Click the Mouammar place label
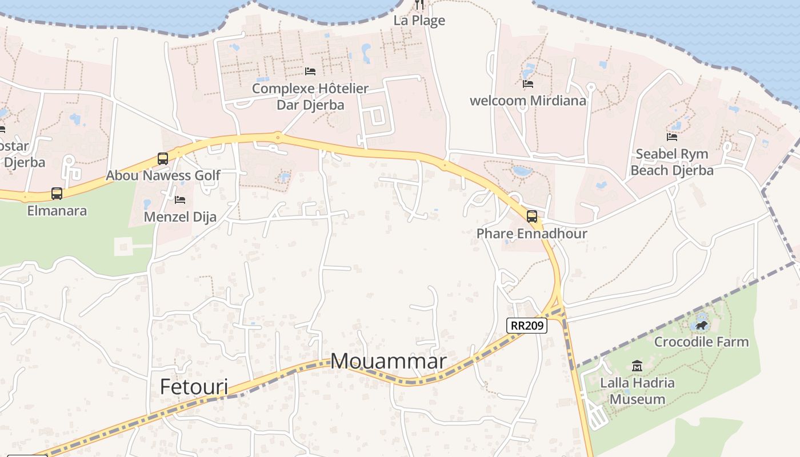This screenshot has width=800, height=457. pos(389,361)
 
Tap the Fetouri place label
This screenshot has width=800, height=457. pos(194,387)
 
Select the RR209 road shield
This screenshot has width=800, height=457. pos(527,326)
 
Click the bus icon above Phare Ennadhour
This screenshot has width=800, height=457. pos(532,216)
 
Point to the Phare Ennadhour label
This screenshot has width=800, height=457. pos(532,234)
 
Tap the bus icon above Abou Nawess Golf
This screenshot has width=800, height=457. pos(163,158)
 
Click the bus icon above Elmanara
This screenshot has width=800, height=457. pos(57,194)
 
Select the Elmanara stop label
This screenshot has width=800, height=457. pos(57,211)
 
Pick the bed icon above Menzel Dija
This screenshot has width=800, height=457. pos(180,200)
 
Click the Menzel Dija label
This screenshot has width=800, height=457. pos(180,217)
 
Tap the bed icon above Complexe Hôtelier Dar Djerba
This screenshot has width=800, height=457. pos(310,71)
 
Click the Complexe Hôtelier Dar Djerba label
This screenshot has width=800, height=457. pos(310,97)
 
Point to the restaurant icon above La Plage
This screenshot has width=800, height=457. pos(420,5)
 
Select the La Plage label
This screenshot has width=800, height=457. pos(419,21)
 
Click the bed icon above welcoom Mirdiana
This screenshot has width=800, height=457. pos(528,84)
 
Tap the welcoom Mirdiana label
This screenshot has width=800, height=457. pos(528,101)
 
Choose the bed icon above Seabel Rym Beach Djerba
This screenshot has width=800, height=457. pos(672,137)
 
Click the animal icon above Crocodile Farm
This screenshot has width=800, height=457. pos(701,326)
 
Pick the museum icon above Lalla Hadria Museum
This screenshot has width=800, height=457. pos(637,366)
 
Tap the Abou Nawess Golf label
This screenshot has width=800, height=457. pos(163,175)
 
